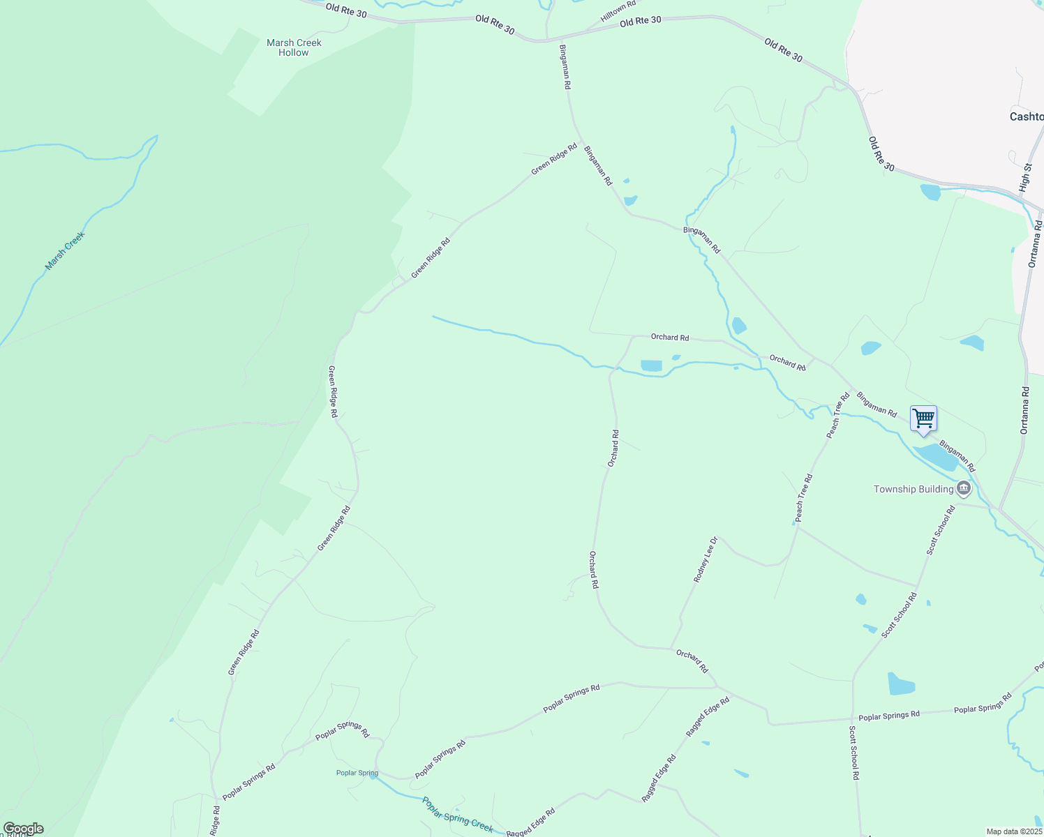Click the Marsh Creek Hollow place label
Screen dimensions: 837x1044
coord(294,47)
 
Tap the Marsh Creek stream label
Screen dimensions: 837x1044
coord(65,251)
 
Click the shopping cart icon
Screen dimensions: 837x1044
coord(923,419)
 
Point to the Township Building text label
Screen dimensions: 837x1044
coord(913,489)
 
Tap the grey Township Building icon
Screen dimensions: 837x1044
coord(964,488)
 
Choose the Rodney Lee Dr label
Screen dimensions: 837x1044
coord(706,559)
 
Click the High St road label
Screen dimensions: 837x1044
coord(1024,178)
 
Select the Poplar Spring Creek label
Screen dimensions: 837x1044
coord(458,815)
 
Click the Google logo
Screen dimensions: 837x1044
coord(23,829)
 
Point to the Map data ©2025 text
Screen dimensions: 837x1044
coord(1013,831)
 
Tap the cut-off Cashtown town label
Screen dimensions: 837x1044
coord(1027,116)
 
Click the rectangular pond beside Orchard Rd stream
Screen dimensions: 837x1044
coord(651,365)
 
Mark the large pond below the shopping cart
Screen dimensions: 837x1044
coord(937,458)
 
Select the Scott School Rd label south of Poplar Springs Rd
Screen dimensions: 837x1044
coord(854,753)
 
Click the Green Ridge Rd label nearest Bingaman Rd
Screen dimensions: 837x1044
coord(554,159)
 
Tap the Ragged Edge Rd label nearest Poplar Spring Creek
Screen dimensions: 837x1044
coord(530,823)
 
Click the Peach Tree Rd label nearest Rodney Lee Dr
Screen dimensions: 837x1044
coord(804,498)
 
